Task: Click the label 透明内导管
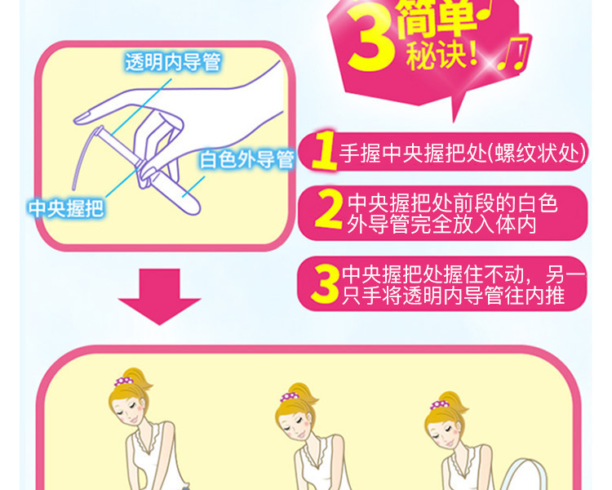tap(173, 62)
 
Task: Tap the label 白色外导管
tap(246, 159)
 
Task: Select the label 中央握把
tap(66, 208)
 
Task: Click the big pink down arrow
tap(160, 296)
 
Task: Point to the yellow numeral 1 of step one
tap(325, 150)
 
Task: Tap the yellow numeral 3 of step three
tap(325, 283)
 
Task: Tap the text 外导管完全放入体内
tap(441, 225)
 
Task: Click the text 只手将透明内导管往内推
tap(453, 295)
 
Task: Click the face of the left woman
tap(129, 410)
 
